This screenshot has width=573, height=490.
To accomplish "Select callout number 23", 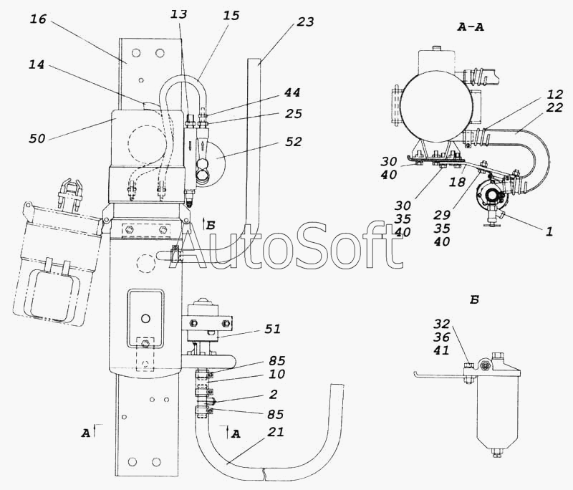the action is point(305,22).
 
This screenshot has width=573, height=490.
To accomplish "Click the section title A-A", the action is point(470,27).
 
